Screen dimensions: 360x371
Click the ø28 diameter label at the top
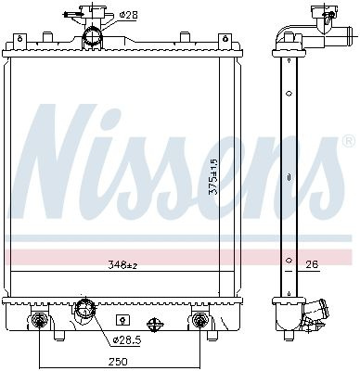click(x=129, y=15)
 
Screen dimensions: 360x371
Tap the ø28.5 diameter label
click(x=127, y=340)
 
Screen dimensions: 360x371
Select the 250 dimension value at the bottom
click(x=118, y=361)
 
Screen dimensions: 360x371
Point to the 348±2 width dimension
click(x=122, y=264)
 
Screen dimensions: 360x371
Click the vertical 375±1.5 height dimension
click(x=213, y=176)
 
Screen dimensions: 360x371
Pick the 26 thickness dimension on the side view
click(x=312, y=264)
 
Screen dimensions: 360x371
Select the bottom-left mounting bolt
click(x=39, y=319)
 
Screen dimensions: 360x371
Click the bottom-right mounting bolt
click(x=199, y=319)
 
